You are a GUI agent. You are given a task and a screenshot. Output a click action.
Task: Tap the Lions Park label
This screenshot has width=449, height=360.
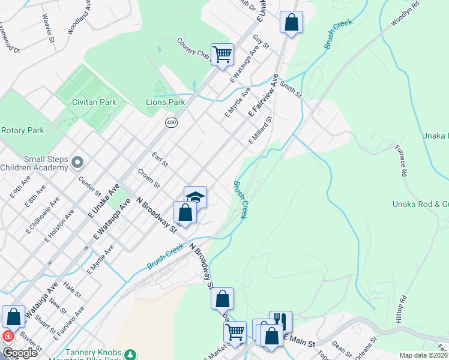166,102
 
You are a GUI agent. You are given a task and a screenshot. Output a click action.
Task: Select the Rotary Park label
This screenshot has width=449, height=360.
23,130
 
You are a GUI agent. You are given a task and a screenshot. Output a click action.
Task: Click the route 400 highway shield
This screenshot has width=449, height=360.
172,122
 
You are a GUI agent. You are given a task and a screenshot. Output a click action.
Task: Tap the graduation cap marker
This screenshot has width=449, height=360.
195,197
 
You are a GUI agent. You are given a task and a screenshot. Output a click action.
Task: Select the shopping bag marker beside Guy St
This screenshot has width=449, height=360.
291,23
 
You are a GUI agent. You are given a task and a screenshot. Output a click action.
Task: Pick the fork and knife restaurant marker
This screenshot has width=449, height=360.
280,321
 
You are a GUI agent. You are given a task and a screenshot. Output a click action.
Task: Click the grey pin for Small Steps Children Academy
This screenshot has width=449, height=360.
77,162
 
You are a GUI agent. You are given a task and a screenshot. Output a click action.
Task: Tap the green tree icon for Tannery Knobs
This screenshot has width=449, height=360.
130,355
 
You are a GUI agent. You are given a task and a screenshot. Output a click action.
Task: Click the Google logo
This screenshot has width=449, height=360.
20,353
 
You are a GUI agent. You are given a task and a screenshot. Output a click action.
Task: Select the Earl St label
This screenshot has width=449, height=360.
160,160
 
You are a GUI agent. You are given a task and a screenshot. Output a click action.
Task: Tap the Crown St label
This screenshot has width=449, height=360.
148,177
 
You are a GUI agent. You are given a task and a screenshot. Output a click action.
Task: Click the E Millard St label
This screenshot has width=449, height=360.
261,130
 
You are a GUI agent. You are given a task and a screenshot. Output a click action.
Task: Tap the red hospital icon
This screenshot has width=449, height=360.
8,337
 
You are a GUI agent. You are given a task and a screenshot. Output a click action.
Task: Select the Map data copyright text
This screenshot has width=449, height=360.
423,355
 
